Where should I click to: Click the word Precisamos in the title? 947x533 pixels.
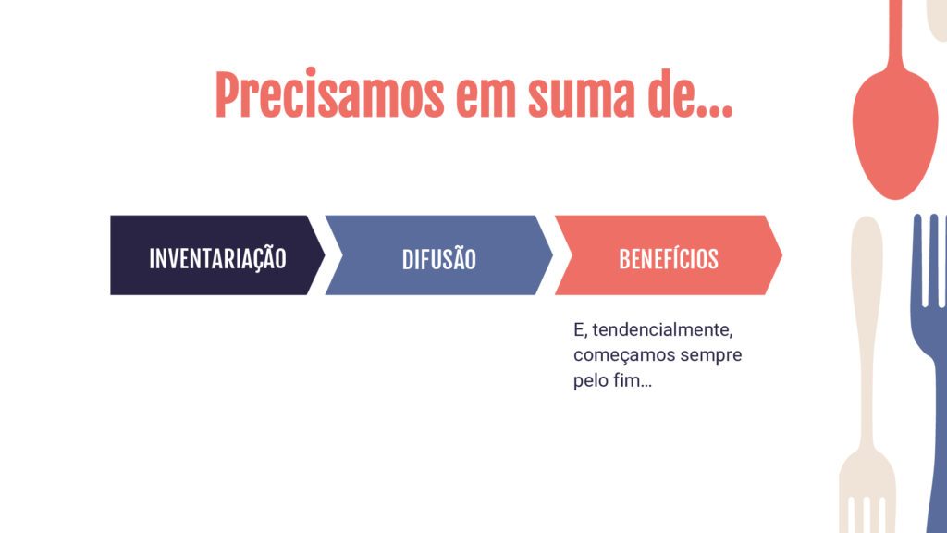click(330, 94)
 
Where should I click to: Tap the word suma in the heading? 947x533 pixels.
click(582, 96)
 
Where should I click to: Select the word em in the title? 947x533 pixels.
click(486, 96)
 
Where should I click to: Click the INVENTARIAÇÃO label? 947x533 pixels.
click(217, 259)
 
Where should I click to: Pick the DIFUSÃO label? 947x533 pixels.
click(439, 259)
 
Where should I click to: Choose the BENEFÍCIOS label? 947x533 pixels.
click(669, 259)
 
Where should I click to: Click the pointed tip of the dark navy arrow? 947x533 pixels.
click(325, 255)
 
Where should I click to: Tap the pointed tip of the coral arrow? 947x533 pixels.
click(782, 255)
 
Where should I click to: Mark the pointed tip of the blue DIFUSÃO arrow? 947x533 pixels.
click(553, 255)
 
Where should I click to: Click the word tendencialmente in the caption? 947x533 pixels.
click(662, 330)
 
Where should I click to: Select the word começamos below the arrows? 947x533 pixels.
click(624, 356)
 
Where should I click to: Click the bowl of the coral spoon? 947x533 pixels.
click(895, 136)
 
